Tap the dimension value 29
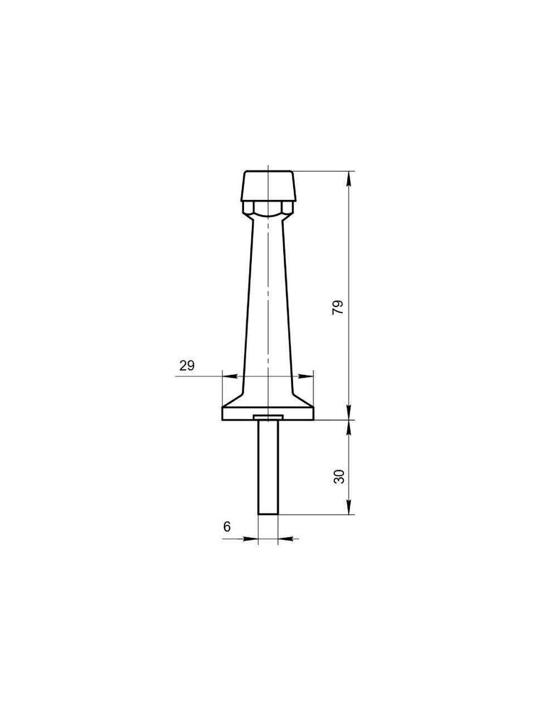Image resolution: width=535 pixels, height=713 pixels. click(187, 366)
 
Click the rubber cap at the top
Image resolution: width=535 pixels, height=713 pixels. click(268, 186)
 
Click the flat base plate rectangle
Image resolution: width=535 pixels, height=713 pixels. click(267, 413)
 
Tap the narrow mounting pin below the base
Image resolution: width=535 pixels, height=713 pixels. click(268, 467)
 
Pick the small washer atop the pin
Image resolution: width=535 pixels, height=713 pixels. click(268, 417)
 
